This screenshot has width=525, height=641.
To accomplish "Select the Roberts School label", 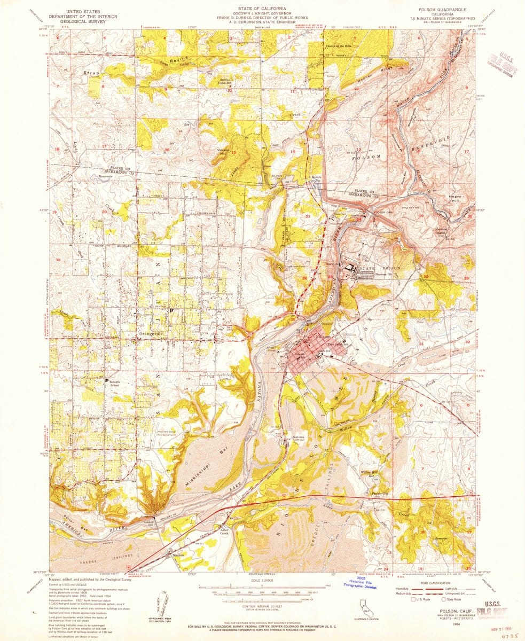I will click(111, 383).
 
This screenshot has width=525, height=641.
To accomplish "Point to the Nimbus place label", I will click(178, 554).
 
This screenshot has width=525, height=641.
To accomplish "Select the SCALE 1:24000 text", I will click(262, 581).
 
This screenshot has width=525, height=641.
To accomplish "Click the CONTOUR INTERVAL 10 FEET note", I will click(262, 607).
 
